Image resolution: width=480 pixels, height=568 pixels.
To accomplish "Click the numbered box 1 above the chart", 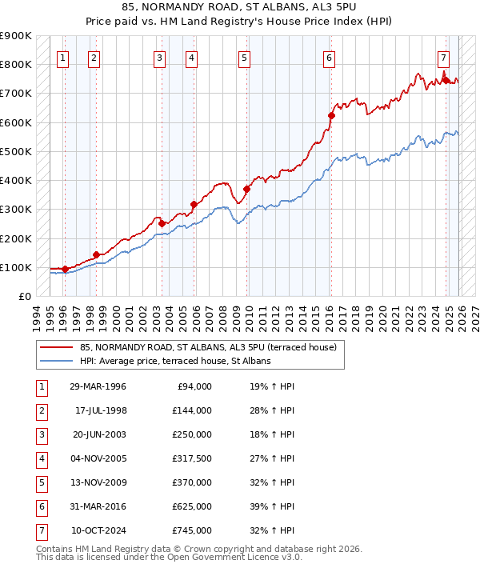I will coord(63,58).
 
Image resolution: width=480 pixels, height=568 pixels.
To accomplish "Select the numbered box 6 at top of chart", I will coord(329,58).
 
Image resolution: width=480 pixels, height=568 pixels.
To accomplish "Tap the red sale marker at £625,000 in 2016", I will coord(331,115).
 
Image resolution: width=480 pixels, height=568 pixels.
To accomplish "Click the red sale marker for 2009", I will coord(247,189).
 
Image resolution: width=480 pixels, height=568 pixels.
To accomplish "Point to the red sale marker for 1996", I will coord(65,269).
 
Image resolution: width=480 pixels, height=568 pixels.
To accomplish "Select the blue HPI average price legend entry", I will coord(175,361).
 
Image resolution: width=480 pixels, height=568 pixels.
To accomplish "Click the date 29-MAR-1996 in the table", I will coord(98,386).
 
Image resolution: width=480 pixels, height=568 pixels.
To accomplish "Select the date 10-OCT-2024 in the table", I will coord(98,530).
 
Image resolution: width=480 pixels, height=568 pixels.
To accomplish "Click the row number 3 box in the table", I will coord(41,434).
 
